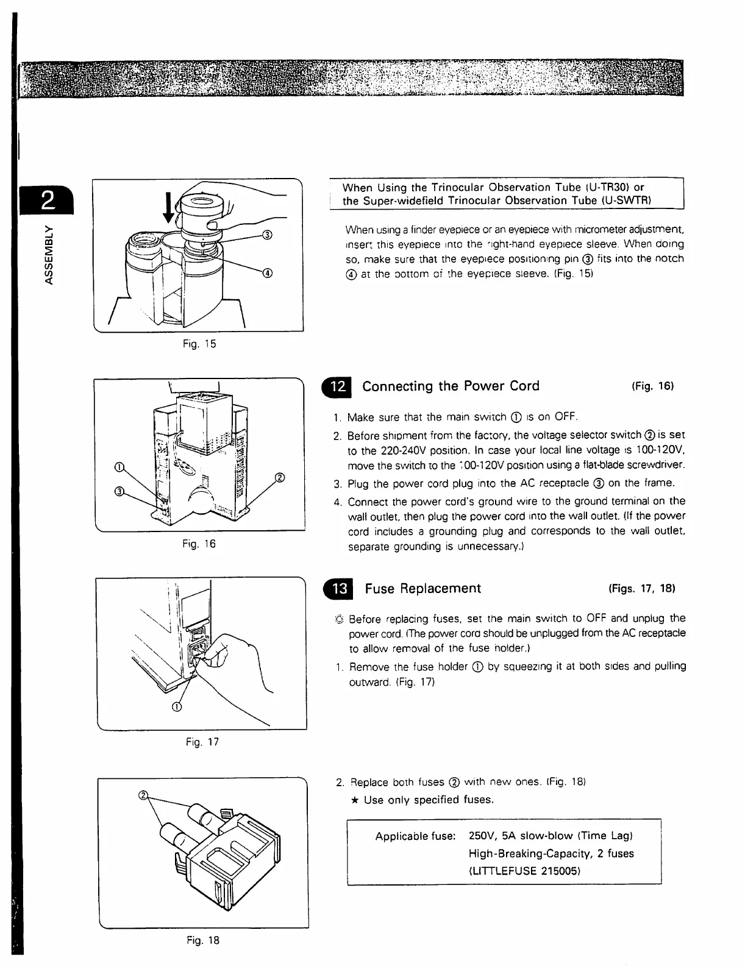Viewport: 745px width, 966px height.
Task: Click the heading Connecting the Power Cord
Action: point(451,386)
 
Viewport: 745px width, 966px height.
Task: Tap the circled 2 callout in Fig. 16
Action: point(280,477)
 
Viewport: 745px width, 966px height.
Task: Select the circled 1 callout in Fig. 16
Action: point(119,468)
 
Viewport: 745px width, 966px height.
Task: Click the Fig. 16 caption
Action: point(199,544)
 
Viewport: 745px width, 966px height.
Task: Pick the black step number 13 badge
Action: point(340,589)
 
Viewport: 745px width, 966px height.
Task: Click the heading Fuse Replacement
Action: point(422,589)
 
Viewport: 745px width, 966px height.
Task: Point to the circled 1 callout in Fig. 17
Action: point(177,707)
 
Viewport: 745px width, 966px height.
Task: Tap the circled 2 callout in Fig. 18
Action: point(144,796)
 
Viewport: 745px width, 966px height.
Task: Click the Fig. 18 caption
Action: point(203,940)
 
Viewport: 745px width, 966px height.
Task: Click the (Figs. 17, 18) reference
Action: point(641,589)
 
